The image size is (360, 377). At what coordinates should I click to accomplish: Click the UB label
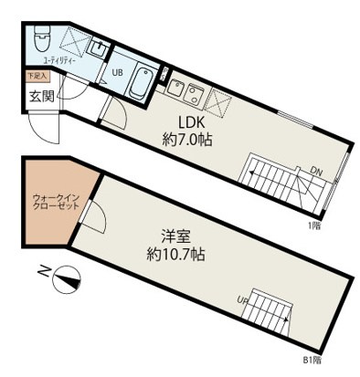[x=118, y=73]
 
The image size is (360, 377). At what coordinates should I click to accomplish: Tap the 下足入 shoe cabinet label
[x=36, y=78]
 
